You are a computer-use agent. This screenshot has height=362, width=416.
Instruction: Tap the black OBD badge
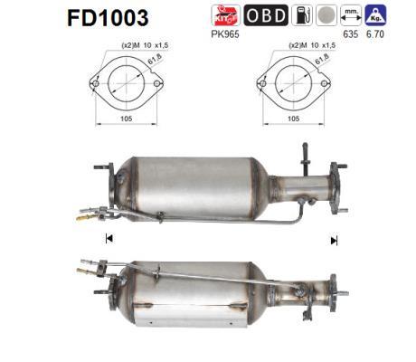coord(265,15)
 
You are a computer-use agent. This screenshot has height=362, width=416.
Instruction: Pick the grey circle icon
coord(326,15)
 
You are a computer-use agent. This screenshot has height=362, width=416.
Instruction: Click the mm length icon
coord(351,15)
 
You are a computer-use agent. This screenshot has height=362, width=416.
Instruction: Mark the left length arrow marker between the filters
coord(109,239)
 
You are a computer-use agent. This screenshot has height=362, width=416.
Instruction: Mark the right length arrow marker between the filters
coord(334,240)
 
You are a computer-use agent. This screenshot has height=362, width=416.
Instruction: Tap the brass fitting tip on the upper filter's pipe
coord(82,217)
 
